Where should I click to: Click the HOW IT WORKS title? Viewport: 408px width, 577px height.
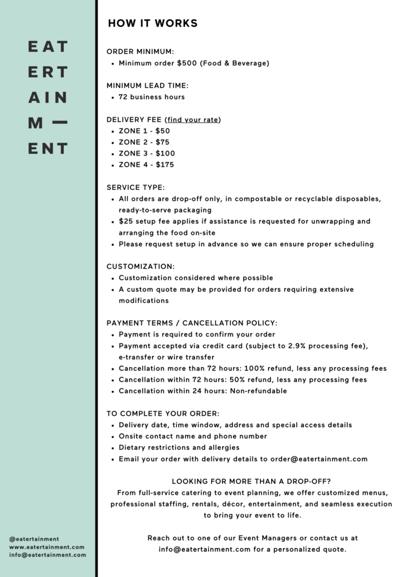click(153, 23)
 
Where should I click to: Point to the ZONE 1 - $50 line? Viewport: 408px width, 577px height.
click(144, 131)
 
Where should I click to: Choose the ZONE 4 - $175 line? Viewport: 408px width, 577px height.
click(147, 165)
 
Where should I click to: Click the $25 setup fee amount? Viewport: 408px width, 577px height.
click(125, 221)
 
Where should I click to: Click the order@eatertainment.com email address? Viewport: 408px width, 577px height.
click(319, 459)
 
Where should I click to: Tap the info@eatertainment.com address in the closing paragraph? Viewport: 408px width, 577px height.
click(205, 549)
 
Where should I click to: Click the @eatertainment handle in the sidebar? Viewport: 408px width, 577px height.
click(34, 539)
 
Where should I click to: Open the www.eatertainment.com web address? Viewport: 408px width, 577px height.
click(47, 547)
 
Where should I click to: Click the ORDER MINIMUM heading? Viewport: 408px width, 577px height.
click(140, 52)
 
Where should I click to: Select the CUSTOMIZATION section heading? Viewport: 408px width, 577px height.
click(140, 267)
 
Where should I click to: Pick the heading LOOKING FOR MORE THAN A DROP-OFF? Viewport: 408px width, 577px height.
click(251, 481)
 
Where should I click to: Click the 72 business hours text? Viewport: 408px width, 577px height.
click(152, 97)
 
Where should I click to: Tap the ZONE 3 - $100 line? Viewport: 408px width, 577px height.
click(147, 153)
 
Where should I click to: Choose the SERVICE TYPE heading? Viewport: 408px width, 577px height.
click(136, 188)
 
